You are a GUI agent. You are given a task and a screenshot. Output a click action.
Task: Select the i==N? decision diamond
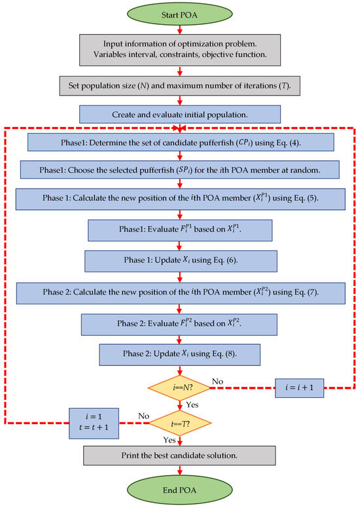[180, 388]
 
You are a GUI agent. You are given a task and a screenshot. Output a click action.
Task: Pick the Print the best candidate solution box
[180, 454]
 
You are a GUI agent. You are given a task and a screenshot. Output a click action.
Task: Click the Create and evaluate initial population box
[180, 114]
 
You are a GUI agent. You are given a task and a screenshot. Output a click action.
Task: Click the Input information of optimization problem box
[180, 50]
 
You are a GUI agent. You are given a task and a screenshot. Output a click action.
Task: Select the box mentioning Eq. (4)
[180, 141]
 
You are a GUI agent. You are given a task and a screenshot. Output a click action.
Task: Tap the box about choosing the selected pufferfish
[180, 170]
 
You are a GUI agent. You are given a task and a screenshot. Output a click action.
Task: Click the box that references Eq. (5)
[180, 198]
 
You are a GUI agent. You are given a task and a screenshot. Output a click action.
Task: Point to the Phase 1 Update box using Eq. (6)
[180, 260]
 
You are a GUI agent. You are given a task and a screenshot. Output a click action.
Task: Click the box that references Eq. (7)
[180, 291]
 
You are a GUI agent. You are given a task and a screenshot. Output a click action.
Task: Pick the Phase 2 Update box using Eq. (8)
[180, 354]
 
